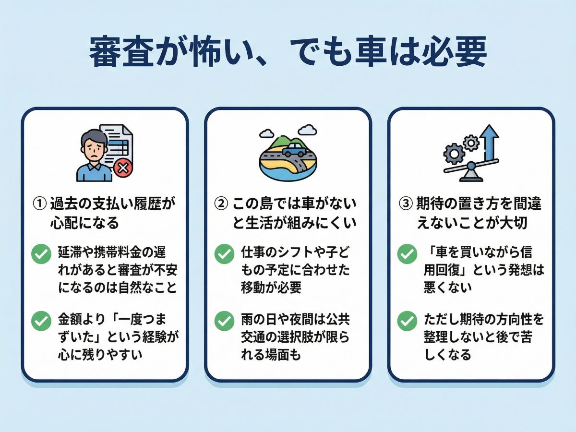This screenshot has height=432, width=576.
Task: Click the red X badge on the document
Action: pos(123,168)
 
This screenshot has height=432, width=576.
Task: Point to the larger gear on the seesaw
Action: pos(454,154)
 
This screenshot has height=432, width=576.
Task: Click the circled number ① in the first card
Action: pos(40,204)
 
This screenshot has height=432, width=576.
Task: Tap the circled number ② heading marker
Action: pos(221,204)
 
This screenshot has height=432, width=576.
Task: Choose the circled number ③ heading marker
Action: pos(406,204)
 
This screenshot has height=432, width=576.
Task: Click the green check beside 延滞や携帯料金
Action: pos(41,253)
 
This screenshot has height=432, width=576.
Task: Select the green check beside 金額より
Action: pos(41,321)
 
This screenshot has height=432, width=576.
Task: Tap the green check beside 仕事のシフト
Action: pos(224,253)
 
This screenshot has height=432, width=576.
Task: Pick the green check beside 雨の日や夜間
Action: pos(224,321)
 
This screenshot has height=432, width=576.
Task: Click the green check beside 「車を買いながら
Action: pos(407,253)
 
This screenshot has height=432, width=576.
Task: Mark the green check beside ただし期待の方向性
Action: pos(407,321)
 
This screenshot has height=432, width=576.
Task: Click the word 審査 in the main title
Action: pos(121,51)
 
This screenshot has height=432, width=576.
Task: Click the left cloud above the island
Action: pos(267,134)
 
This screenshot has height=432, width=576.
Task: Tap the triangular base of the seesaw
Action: pos(471,176)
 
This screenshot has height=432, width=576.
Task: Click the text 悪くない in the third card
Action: pos(448,287)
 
